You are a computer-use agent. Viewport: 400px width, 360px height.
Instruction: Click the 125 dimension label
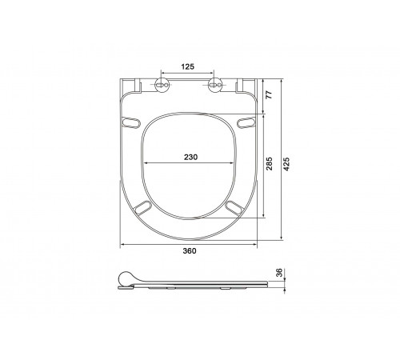pyautogui.click(x=188, y=66)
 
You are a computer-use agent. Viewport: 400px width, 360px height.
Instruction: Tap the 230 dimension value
pyautogui.click(x=191, y=158)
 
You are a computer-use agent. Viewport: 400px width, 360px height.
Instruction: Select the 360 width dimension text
pyautogui.click(x=190, y=251)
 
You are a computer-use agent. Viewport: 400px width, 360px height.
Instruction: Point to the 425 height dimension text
pyautogui.click(x=286, y=164)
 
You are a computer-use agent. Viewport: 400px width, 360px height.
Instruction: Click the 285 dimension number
pyautogui.click(x=270, y=164)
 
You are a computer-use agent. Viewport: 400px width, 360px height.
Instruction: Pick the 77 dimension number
pyautogui.click(x=270, y=94)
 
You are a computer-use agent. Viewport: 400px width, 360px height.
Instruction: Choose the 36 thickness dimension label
pyautogui.click(x=279, y=273)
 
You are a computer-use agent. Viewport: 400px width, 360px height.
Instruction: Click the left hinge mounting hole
pyautogui.click(x=162, y=85)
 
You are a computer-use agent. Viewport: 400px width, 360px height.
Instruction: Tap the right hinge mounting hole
pyautogui.click(x=214, y=85)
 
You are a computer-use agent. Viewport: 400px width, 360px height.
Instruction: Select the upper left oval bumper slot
pyautogui.click(x=130, y=122)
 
